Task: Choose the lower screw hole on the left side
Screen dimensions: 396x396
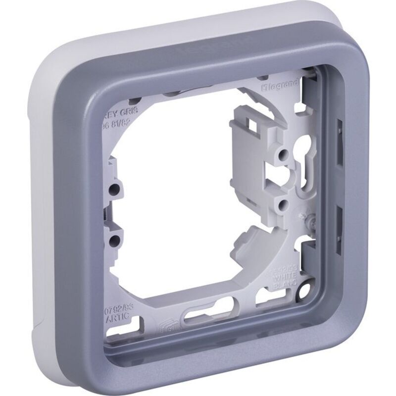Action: tap(115, 242)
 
